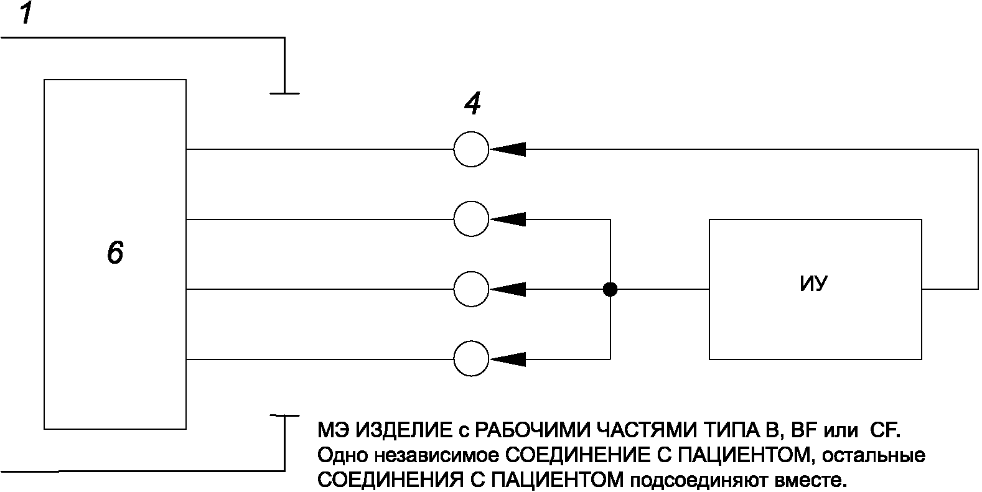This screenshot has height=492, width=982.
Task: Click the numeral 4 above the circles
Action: [x=472, y=104]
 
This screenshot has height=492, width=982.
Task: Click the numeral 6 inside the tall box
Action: [x=115, y=253]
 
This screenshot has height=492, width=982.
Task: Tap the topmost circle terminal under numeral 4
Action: [x=471, y=149]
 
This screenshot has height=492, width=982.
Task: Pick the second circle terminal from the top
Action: [x=471, y=220]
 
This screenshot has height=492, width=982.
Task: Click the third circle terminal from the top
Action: [x=471, y=289]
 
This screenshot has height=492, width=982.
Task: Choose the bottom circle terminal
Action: [x=471, y=359]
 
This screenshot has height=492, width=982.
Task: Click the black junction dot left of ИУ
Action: [x=610, y=289]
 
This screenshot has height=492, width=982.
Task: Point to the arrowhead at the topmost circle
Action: [x=509, y=149]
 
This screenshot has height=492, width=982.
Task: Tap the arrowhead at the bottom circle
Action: [x=509, y=359]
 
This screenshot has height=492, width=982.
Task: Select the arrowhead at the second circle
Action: [x=509, y=220]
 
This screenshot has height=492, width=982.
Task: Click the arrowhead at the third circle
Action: [x=509, y=289]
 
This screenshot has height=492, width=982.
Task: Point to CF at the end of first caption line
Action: [x=883, y=430]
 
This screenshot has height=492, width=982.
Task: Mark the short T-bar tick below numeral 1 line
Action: [x=284, y=93]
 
